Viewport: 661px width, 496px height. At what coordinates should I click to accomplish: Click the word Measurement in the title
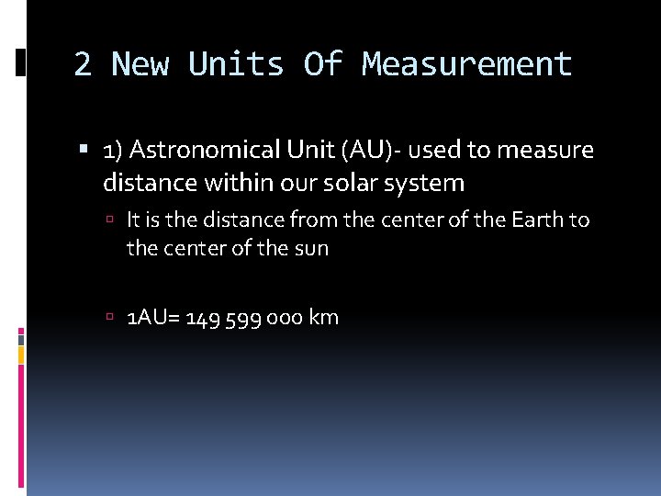pyautogui.click(x=467, y=64)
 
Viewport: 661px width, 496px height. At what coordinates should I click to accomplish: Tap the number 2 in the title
pyautogui.click(x=83, y=64)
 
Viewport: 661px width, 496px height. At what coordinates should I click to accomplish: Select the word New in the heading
pyautogui.click(x=140, y=64)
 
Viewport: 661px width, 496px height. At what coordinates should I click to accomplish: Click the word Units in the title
pyautogui.click(x=236, y=64)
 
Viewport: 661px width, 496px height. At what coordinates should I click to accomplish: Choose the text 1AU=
pyautogui.click(x=152, y=318)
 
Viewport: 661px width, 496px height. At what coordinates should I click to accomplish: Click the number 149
pyautogui.click(x=202, y=318)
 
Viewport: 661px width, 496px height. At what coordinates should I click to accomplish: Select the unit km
pyautogui.click(x=324, y=318)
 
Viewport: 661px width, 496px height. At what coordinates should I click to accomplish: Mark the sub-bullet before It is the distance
pyautogui.click(x=109, y=220)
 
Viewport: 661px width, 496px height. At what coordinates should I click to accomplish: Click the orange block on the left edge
pyautogui.click(x=21, y=351)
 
